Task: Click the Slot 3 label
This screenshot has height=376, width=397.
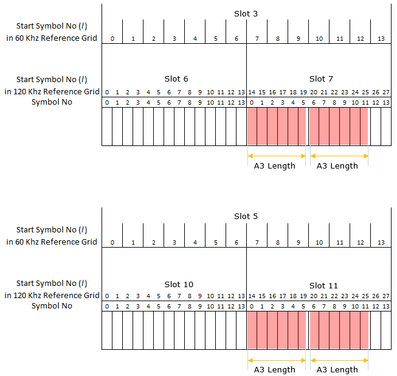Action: tap(246, 13)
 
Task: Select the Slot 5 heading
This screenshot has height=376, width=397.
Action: tap(246, 217)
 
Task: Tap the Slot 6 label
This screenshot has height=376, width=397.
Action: tap(176, 79)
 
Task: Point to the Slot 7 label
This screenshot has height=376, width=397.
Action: tap(321, 79)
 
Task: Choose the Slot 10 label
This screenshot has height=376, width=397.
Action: tap(179, 285)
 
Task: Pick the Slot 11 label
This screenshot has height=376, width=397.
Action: tap(323, 285)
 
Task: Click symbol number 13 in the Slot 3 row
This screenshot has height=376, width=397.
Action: tap(381, 39)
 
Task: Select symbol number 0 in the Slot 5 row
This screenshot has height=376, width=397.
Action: tap(112, 242)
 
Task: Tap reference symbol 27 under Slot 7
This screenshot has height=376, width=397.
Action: tap(386, 92)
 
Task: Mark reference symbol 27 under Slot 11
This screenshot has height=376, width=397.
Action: tap(386, 296)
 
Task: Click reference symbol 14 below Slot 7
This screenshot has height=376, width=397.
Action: tap(252, 92)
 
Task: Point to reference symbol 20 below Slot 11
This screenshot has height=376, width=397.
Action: tap(314, 296)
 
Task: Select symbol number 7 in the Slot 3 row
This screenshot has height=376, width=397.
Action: tap(257, 39)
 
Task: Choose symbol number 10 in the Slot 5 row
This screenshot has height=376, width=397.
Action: tap(319, 242)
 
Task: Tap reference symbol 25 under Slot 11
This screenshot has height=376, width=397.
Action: tap(365, 296)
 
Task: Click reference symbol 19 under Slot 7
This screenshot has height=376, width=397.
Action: tap(303, 92)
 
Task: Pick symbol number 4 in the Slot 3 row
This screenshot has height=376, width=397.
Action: tap(195, 39)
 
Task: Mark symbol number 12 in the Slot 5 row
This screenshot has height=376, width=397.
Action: tap(361, 242)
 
